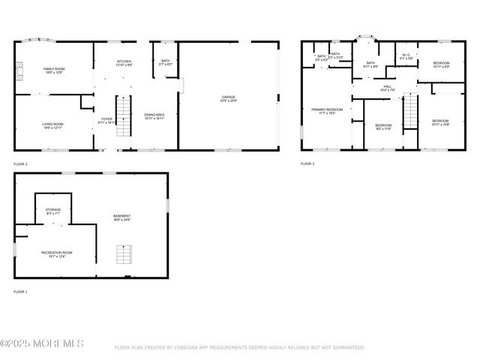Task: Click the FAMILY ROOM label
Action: pos(52,70)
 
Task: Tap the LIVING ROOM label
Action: pos(52,126)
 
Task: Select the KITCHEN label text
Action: pos(124,63)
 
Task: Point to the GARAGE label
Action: pos(229,98)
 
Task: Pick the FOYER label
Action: pos(106,120)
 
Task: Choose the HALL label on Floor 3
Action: pos(388,88)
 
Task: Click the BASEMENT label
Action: pos(122,217)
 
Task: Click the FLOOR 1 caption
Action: pos(20,292)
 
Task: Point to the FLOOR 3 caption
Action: pos(307,163)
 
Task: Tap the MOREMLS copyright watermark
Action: pos(43,344)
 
